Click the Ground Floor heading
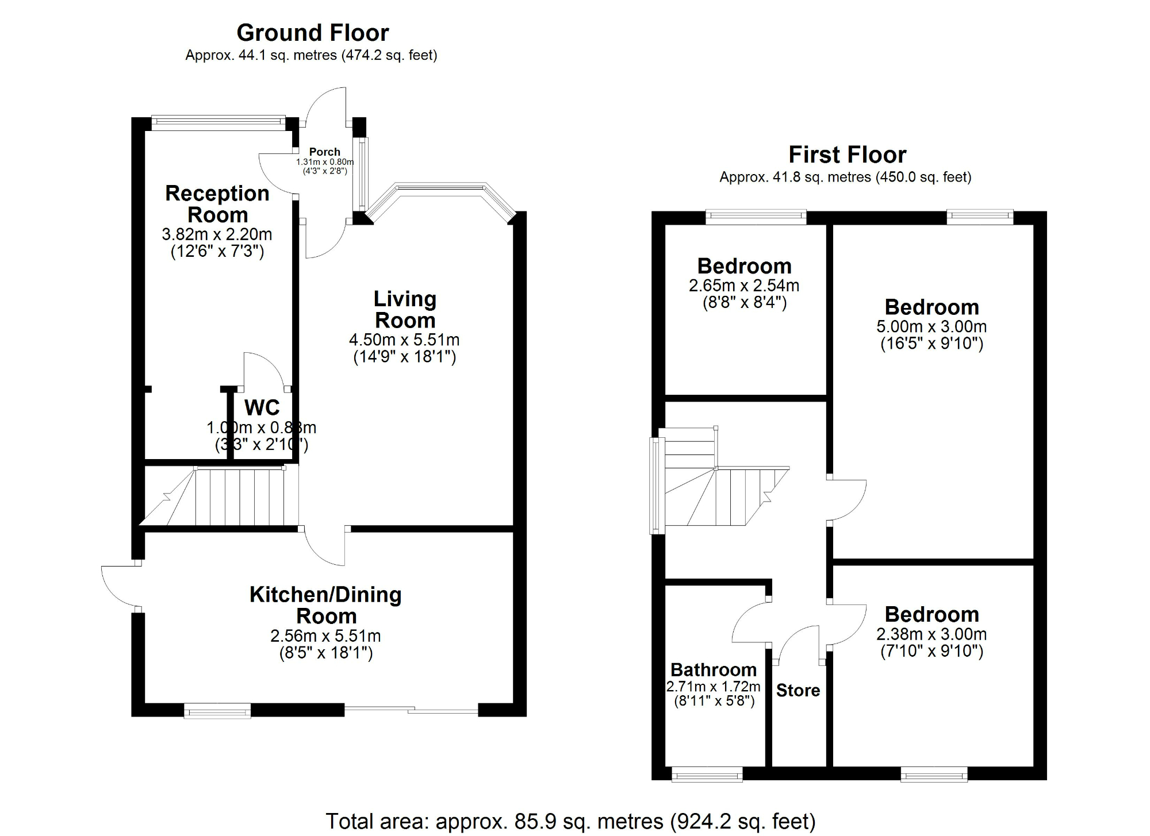(313, 33)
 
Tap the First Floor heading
(847, 155)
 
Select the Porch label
(324, 152)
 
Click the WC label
(262, 407)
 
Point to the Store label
(798, 690)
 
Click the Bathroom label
(713, 669)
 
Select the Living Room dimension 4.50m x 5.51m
(404, 340)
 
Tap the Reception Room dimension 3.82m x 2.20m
(217, 234)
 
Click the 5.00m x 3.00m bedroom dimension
(931, 326)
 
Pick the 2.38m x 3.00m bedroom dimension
(931, 634)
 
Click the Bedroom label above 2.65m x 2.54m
(744, 266)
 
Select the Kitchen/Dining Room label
(325, 605)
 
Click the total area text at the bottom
(570, 821)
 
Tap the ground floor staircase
(230, 497)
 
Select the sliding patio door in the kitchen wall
(411, 711)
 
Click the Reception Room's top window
(218, 121)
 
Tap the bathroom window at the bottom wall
(707, 775)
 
